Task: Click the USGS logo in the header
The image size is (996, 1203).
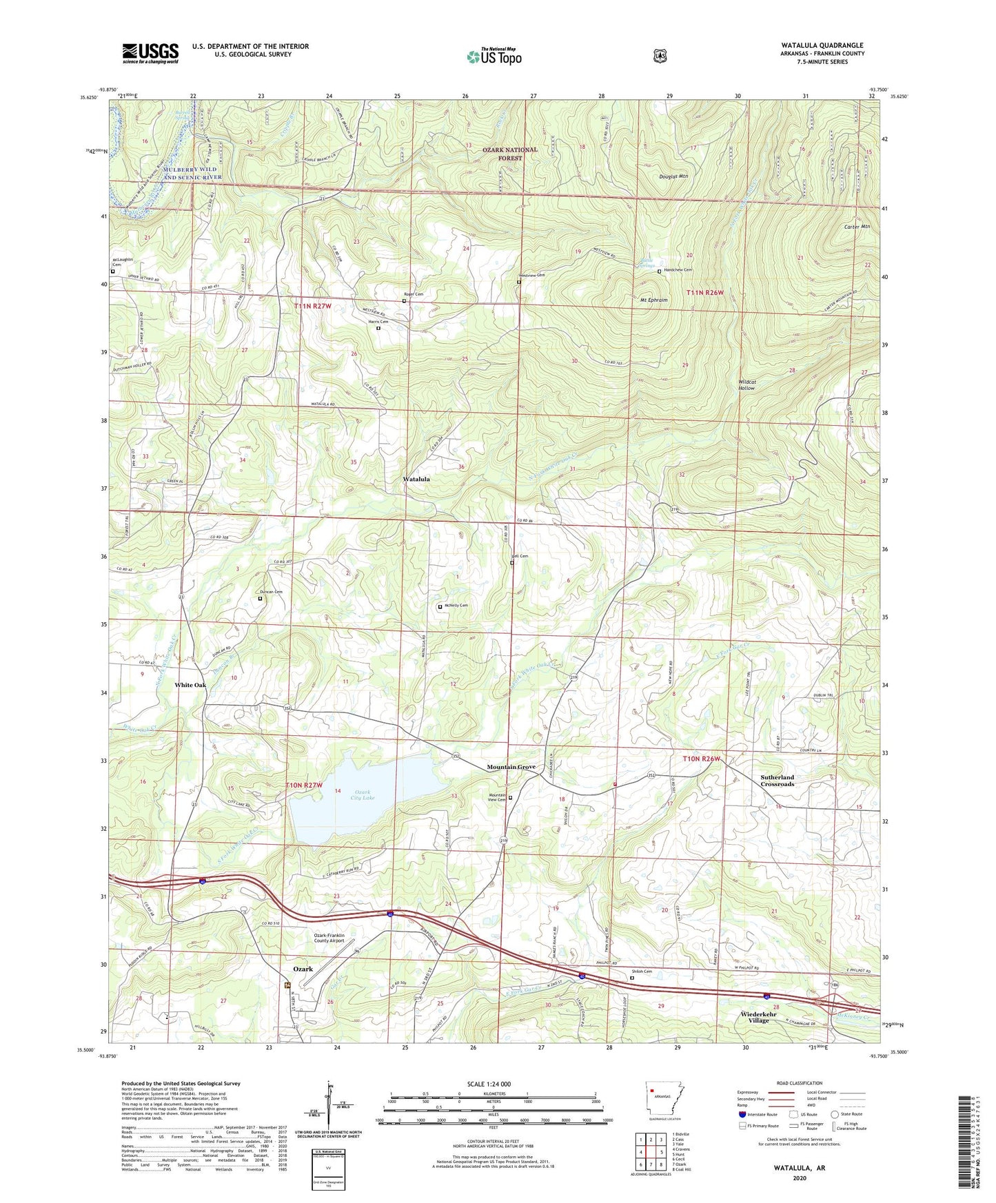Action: click(x=150, y=53)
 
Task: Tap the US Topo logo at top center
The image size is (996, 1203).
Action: click(x=494, y=56)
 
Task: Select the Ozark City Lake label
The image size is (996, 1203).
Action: click(x=363, y=794)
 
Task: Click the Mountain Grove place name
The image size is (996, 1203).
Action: click(x=511, y=767)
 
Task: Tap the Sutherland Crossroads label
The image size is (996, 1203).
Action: click(x=777, y=781)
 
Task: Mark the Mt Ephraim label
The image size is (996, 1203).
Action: click(x=654, y=300)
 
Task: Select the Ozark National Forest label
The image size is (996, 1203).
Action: click(x=510, y=154)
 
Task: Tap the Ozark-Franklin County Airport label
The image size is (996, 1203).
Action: click(x=325, y=938)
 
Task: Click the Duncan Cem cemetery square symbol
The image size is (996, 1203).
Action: click(x=260, y=599)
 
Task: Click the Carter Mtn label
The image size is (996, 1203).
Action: click(x=857, y=227)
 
